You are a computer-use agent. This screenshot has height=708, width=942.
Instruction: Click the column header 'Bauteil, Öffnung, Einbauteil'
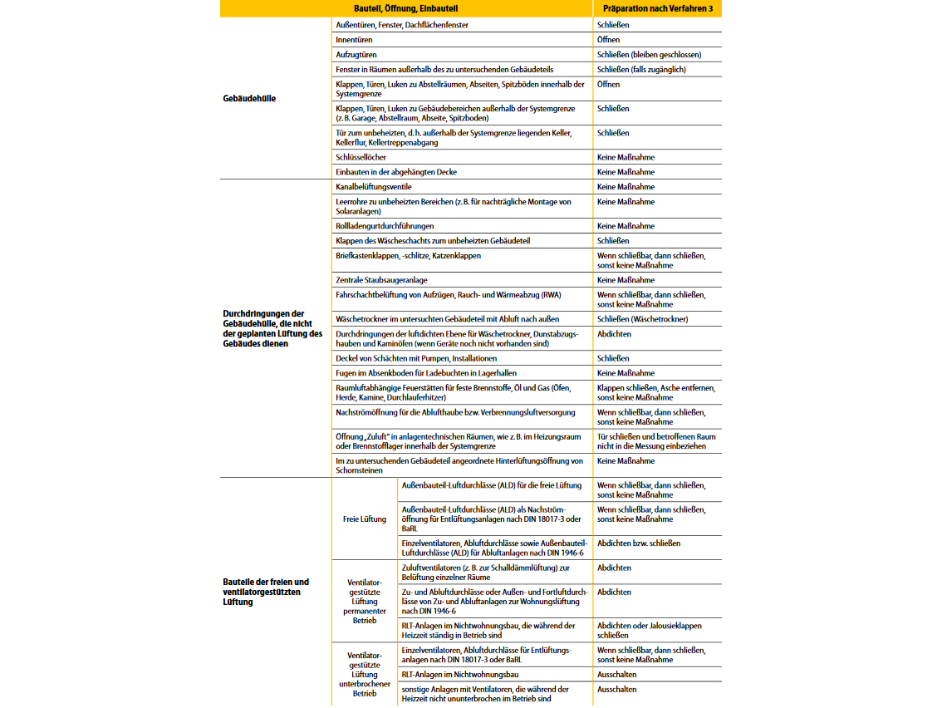coord(406,9)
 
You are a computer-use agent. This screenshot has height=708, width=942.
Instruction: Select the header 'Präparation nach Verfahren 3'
coord(657,9)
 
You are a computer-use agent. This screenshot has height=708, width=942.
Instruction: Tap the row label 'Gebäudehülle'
coord(249,99)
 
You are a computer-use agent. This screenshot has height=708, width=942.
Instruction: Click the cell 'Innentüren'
coord(354,40)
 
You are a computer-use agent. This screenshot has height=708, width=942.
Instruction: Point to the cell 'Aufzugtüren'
coord(356,55)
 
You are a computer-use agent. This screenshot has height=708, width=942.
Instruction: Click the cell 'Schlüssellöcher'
coord(361,157)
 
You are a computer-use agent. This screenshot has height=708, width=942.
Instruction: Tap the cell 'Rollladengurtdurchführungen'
coord(385,226)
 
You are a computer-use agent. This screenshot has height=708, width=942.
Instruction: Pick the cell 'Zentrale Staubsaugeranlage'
coord(381,281)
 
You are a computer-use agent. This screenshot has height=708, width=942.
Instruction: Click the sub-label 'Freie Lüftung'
coord(365,519)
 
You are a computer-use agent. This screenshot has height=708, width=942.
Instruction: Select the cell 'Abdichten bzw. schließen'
coord(639,543)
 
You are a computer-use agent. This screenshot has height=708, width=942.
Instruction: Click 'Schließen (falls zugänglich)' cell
coord(641,70)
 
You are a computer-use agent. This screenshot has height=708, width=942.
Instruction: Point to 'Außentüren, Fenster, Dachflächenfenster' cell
coord(402,25)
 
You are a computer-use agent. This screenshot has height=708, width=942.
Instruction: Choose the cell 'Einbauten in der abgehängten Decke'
coord(396,172)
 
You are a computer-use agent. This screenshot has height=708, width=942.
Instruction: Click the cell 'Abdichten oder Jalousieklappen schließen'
coord(649,630)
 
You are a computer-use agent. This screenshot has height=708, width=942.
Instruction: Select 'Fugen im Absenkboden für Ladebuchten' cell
coord(426,373)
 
